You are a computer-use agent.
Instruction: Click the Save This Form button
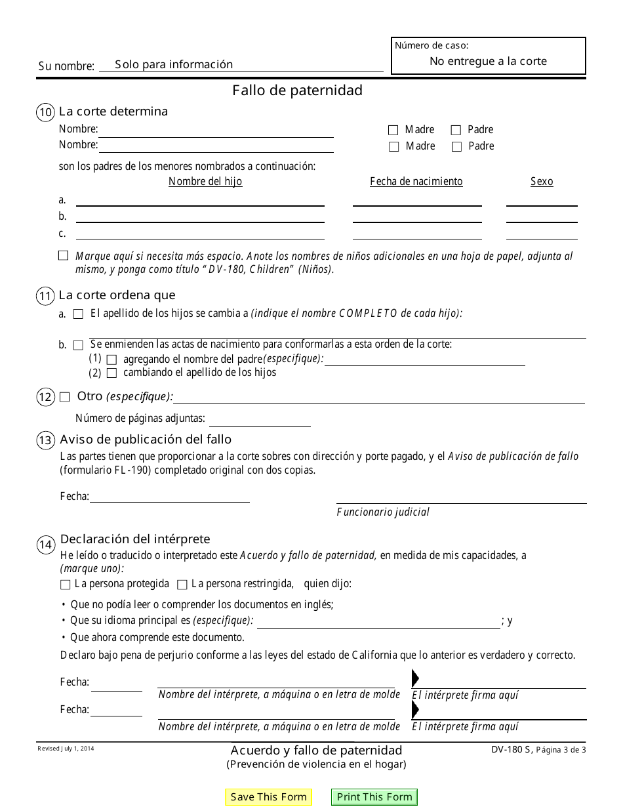pyautogui.click(x=268, y=797)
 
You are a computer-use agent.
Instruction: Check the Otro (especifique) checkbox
pyautogui.click(x=64, y=397)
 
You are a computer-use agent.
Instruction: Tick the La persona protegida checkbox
pyautogui.click(x=65, y=585)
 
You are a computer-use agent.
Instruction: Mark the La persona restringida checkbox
pyautogui.click(x=182, y=585)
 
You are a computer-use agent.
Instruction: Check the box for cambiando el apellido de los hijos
pyautogui.click(x=111, y=373)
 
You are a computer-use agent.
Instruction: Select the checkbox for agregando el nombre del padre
pyautogui.click(x=111, y=360)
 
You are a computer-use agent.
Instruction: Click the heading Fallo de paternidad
pyautogui.click(x=297, y=91)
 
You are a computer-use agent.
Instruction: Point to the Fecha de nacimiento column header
pyautogui.click(x=416, y=182)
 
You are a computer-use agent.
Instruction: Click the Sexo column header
pyautogui.click(x=542, y=182)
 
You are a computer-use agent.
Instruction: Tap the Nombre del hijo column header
pyautogui.click(x=205, y=182)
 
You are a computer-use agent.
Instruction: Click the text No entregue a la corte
pyautogui.click(x=488, y=61)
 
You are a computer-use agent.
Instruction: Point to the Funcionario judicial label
pyautogui.click(x=383, y=512)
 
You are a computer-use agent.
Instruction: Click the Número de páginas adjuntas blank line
pyautogui.click(x=259, y=421)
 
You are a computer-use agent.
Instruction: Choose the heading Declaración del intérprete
pyautogui.click(x=135, y=539)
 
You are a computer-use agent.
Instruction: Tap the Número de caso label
pyautogui.click(x=432, y=46)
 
